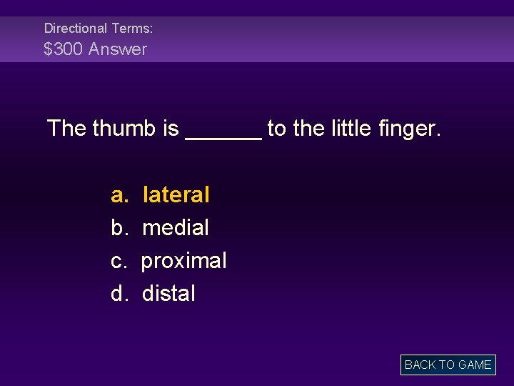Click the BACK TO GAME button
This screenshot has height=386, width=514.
point(448,365)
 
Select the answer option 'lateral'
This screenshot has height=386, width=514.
point(176,194)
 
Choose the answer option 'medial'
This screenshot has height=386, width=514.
point(176,228)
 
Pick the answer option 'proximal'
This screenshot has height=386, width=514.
point(184,261)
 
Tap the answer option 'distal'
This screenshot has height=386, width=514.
point(168,294)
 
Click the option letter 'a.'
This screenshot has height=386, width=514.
point(119,194)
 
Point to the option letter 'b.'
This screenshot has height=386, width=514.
point(119,228)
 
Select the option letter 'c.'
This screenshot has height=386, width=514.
point(119,261)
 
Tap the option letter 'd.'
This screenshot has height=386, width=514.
point(119,294)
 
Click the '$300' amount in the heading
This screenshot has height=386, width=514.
point(63,49)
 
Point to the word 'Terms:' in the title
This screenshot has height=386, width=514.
point(131,29)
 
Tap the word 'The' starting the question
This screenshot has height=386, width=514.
point(66,129)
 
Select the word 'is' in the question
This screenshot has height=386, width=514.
point(171,129)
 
